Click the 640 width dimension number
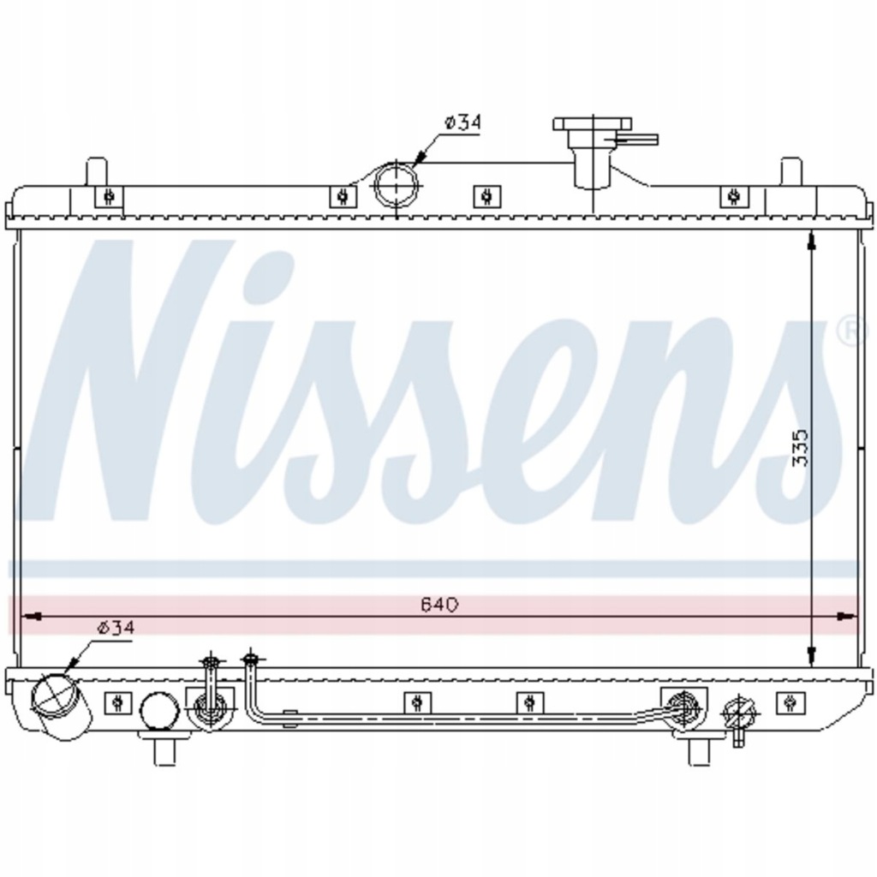click(440, 604)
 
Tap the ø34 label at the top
click(462, 122)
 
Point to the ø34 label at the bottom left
click(116, 627)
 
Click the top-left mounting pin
click(97, 170)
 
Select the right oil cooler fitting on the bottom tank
click(683, 704)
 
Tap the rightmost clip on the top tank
click(732, 196)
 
